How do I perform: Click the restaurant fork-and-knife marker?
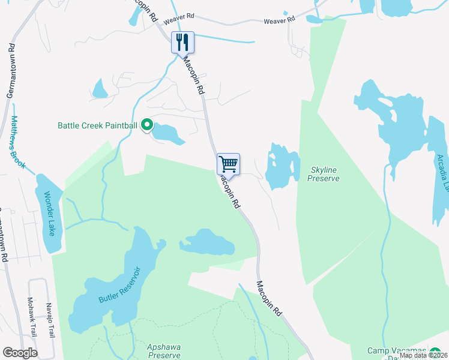pyautogui.click(x=182, y=43)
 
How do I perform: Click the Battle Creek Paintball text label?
pyautogui.click(x=97, y=126)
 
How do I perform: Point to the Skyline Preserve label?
pyautogui.click(x=324, y=174)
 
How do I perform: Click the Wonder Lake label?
pyautogui.click(x=50, y=213)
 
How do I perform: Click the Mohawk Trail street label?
pyautogui.click(x=30, y=315)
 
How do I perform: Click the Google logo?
pyautogui.click(x=20, y=353)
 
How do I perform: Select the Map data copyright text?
pyautogui.click(x=423, y=355)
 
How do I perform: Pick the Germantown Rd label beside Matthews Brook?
pyautogui.click(x=10, y=72)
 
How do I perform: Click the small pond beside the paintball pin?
pyautogui.click(x=167, y=134)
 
